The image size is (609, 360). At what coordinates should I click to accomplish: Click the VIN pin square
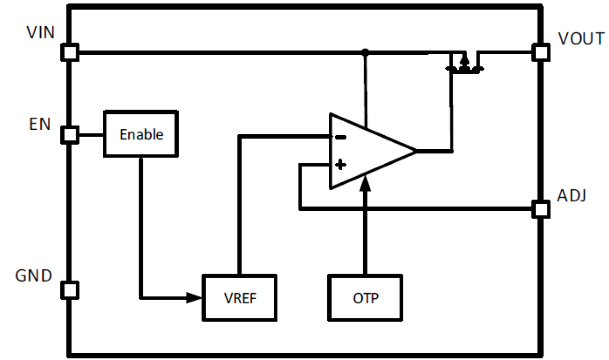[70, 52]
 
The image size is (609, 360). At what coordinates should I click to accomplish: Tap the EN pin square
[70, 135]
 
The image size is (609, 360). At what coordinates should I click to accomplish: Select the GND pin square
[70, 290]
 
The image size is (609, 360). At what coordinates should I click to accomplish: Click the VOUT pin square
[541, 52]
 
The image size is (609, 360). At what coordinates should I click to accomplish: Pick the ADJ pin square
[541, 209]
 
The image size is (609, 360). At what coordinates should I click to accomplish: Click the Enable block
[141, 134]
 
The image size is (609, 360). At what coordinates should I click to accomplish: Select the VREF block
[240, 297]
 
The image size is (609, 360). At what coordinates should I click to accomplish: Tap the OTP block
[366, 297]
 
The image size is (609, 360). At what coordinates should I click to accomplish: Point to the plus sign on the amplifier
[340, 165]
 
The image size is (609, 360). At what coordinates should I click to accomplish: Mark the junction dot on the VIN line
[366, 51]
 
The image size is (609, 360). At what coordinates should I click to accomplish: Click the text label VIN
[41, 33]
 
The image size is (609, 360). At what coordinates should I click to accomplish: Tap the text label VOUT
[581, 39]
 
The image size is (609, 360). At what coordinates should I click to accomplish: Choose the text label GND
[34, 276]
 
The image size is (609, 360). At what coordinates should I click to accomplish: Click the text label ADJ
[572, 196]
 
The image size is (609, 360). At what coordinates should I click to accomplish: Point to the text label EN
[40, 124]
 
